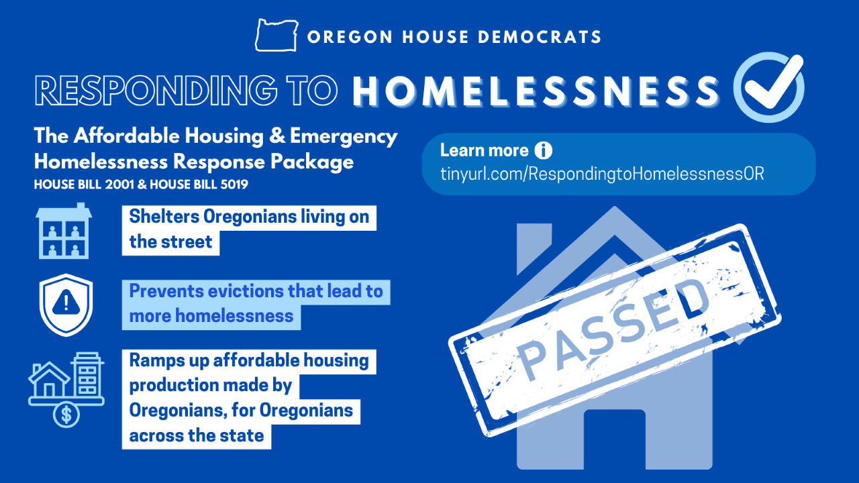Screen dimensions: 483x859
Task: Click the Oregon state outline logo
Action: click(x=277, y=35)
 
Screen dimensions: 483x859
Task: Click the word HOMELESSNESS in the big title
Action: click(x=536, y=90)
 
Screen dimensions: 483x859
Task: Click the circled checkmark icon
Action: click(x=768, y=87)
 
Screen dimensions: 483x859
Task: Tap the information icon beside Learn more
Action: click(x=543, y=150)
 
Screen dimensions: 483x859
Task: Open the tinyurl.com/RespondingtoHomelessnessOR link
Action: click(x=602, y=174)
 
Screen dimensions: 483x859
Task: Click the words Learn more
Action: click(x=485, y=150)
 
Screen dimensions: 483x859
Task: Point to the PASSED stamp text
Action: click(x=615, y=325)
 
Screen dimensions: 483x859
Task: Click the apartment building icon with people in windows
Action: click(x=64, y=231)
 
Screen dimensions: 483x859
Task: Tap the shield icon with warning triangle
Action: click(x=65, y=304)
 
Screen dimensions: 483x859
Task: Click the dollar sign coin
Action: click(x=66, y=414)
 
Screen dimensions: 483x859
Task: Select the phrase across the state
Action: click(x=197, y=435)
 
